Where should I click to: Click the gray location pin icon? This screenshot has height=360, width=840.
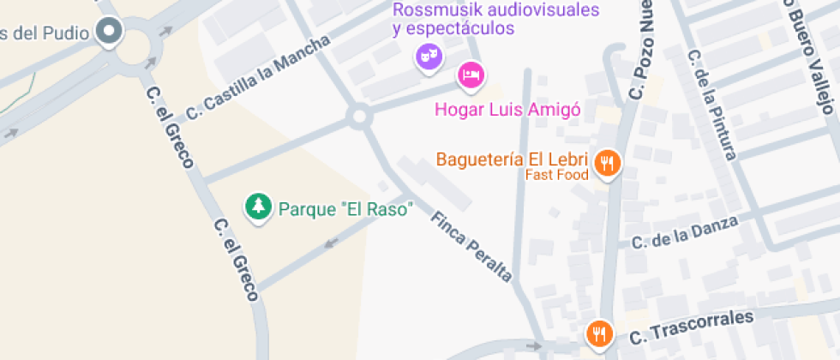[x=109, y=33]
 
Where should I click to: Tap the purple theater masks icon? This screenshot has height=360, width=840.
[x=427, y=58]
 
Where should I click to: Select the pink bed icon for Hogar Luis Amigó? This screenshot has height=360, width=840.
[x=469, y=75]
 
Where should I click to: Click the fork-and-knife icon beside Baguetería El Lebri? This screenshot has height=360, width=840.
[x=608, y=162]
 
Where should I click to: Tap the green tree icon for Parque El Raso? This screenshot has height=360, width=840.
[x=256, y=207]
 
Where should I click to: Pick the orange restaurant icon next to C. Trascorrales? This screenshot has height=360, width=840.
[x=599, y=333]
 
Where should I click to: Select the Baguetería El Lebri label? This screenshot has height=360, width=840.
[x=512, y=159]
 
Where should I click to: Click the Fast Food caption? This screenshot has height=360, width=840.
[x=557, y=175]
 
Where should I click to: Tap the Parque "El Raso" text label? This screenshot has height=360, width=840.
[x=345, y=208]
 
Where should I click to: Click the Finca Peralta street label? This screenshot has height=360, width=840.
[x=471, y=247]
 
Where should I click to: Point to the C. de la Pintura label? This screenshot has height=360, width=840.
[x=711, y=104]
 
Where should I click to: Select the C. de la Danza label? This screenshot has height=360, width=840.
[x=684, y=232]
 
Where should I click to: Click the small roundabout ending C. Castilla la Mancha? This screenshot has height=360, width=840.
[x=359, y=116]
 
